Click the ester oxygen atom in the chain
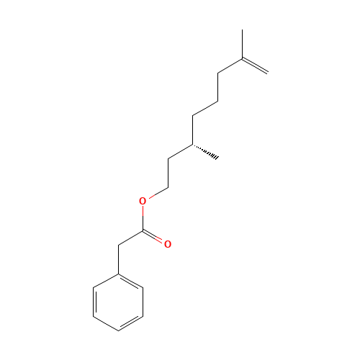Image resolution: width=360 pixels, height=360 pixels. pyautogui.click(x=143, y=201)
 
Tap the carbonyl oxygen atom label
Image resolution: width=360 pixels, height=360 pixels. pyautogui.click(x=168, y=244)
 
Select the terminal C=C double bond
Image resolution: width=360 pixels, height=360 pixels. pyautogui.click(x=254, y=65)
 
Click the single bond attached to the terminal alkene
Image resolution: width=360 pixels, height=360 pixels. pyautogui.click(x=229, y=66)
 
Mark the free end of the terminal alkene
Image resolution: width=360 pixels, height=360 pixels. pyautogui.click(x=267, y=72)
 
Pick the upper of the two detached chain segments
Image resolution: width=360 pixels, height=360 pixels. pyautogui.click(x=204, y=108)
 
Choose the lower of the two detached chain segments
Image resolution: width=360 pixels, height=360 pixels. pyautogui.click(x=179, y=151)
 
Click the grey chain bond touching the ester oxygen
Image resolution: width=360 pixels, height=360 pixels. pyautogui.click(x=158, y=191)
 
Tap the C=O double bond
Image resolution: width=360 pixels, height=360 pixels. pyautogui.click(x=155, y=237)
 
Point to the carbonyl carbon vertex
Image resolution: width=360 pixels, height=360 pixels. pyautogui.click(x=144, y=230)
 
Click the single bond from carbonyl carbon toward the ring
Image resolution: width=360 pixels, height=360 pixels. pyautogui.click(x=131, y=238)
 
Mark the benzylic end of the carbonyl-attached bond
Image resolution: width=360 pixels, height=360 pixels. pyautogui.click(x=119, y=245)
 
